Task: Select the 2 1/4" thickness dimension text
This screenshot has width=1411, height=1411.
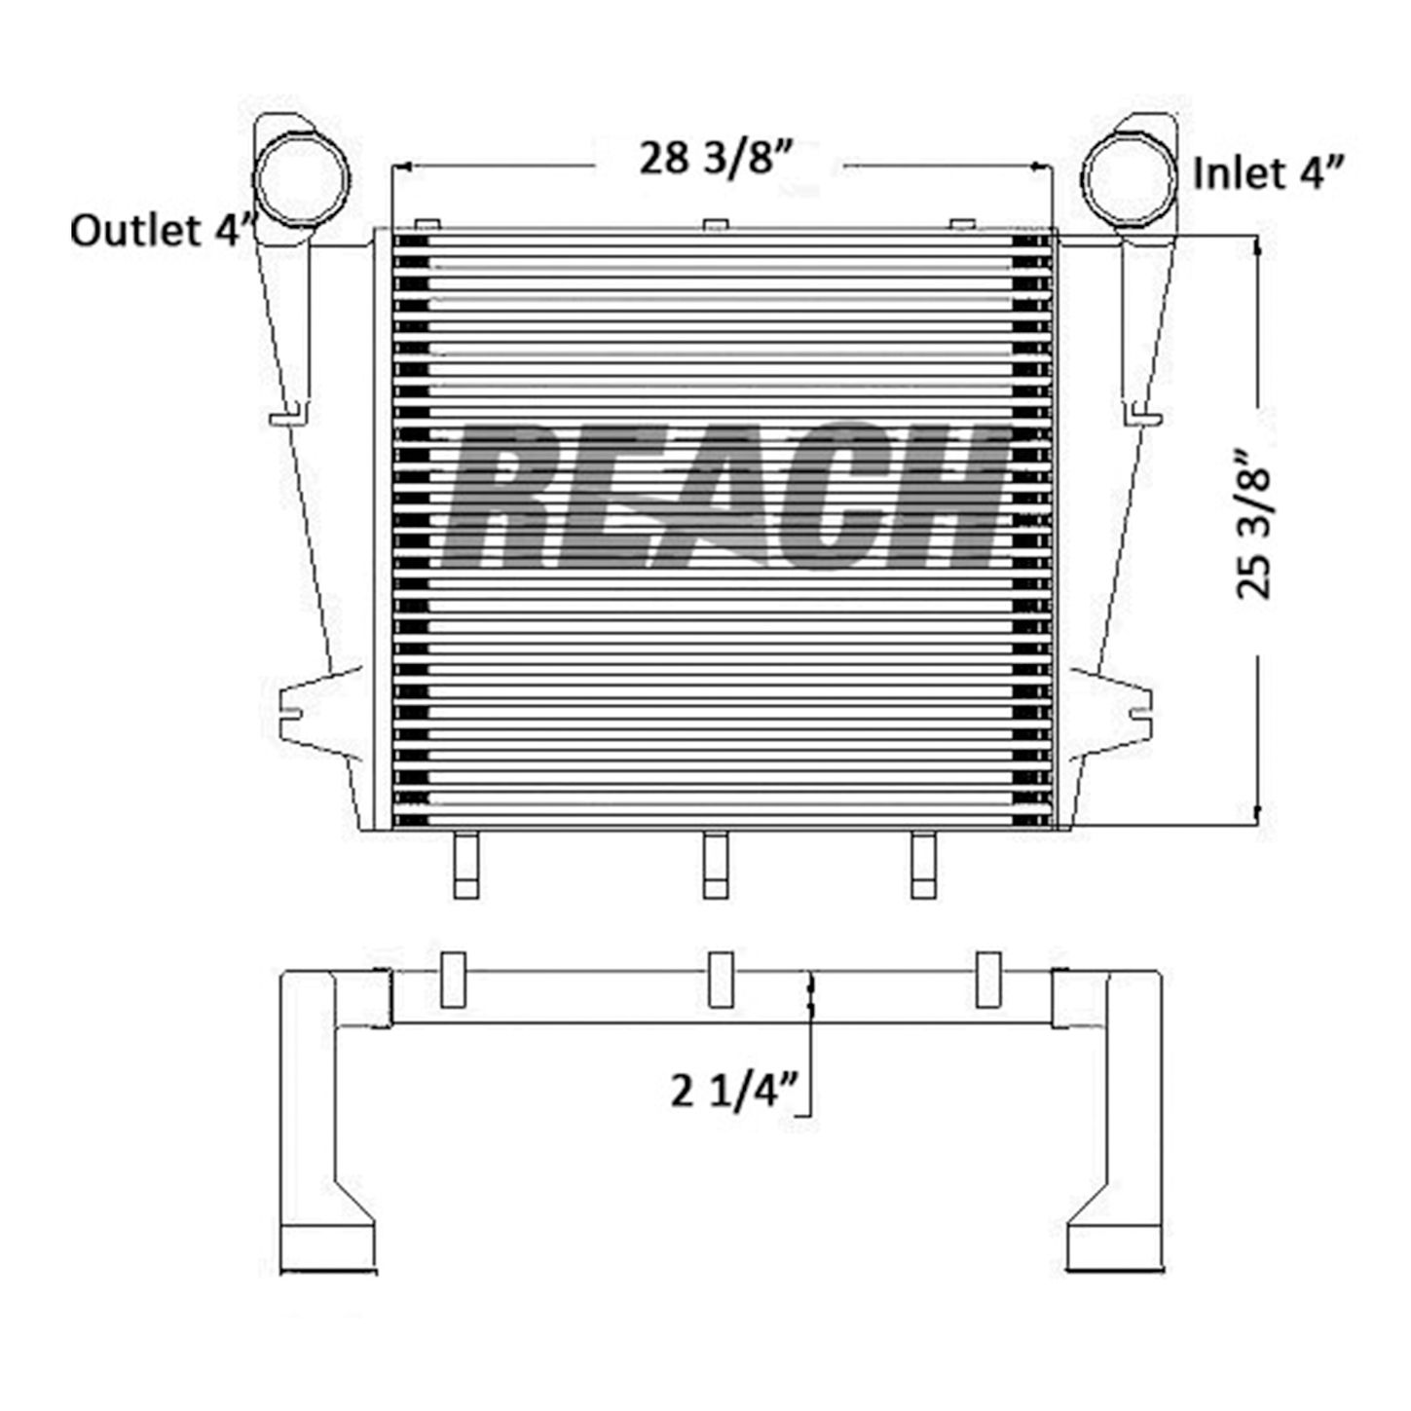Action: (733, 1111)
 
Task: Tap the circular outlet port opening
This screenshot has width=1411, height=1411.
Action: (301, 178)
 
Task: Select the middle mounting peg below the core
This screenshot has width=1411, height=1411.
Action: (716, 865)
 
